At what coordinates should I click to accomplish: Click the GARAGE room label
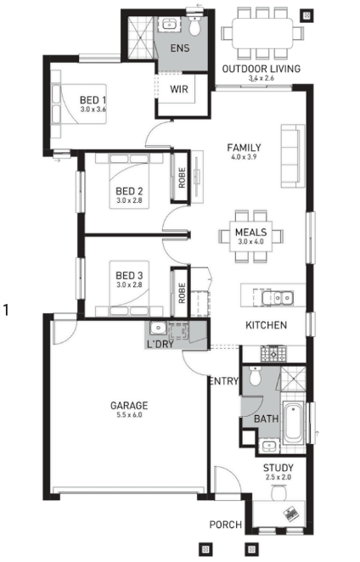coord(129,406)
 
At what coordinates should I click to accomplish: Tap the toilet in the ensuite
coord(194,25)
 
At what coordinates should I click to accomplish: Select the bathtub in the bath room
coord(293,423)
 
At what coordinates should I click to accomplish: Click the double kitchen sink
coord(277,298)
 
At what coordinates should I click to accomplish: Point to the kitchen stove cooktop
coord(274,353)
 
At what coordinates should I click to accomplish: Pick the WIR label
coord(179,89)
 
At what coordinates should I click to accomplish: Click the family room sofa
coord(293,156)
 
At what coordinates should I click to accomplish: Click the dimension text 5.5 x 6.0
coord(129,415)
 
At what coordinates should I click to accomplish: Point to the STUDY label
coord(278,468)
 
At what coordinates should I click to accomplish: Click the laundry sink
coord(157,328)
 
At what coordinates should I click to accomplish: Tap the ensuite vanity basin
coord(168,25)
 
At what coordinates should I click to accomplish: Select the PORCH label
coord(226,525)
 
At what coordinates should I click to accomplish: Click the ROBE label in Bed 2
coord(182,177)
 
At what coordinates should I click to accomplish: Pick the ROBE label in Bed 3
coord(182,293)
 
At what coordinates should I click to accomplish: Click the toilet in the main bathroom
coord(255,376)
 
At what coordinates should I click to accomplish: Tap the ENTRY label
coord(224,381)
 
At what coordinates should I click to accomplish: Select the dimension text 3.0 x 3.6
coord(93,110)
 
